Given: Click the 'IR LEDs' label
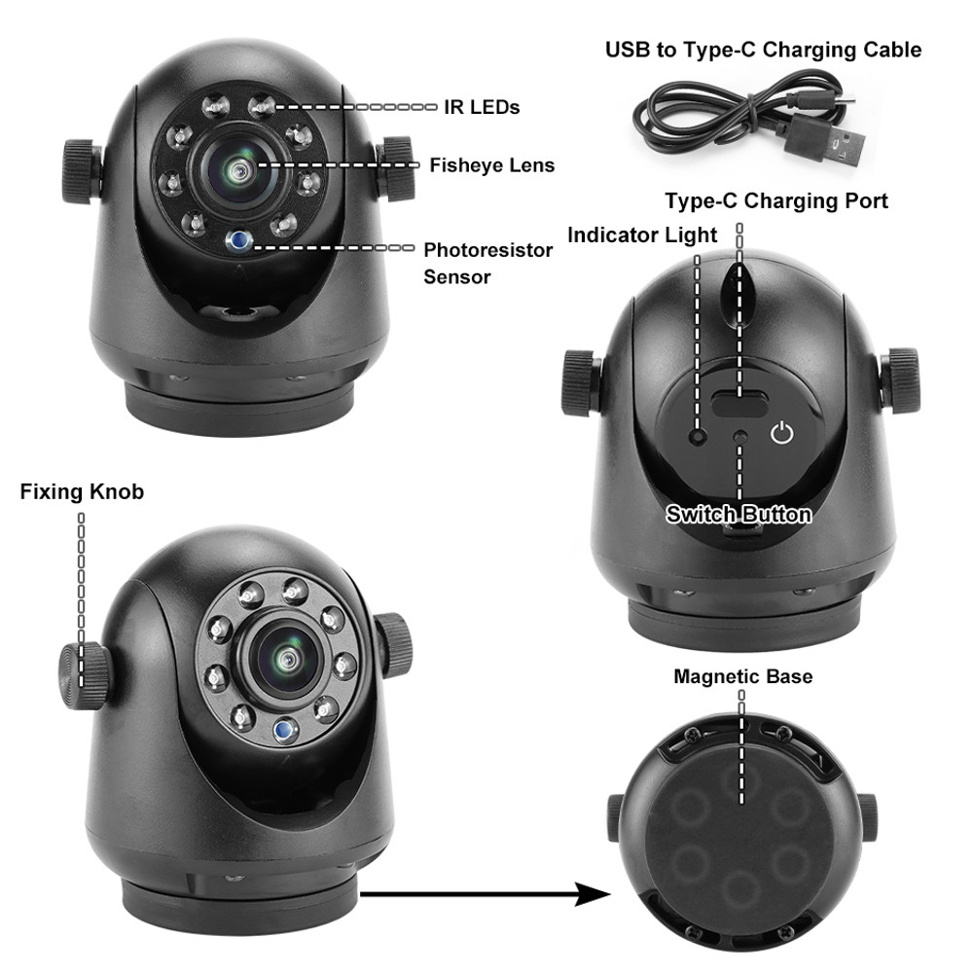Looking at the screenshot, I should click(481, 107).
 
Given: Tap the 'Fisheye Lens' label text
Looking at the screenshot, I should click(491, 165).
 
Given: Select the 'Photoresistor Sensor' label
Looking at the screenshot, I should click(487, 263).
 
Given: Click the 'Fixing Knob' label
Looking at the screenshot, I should click(82, 491).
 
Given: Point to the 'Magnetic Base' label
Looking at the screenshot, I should click(742, 676).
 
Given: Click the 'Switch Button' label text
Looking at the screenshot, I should click(739, 514).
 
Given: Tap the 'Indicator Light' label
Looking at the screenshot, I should click(642, 234).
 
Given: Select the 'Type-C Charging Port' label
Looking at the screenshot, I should click(775, 201).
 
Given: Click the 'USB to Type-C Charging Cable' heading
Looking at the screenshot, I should click(763, 50).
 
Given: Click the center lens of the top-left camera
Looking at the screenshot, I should click(239, 171).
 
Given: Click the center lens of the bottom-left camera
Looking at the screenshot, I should click(288, 659).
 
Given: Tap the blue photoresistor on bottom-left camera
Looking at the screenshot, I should click(283, 730).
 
